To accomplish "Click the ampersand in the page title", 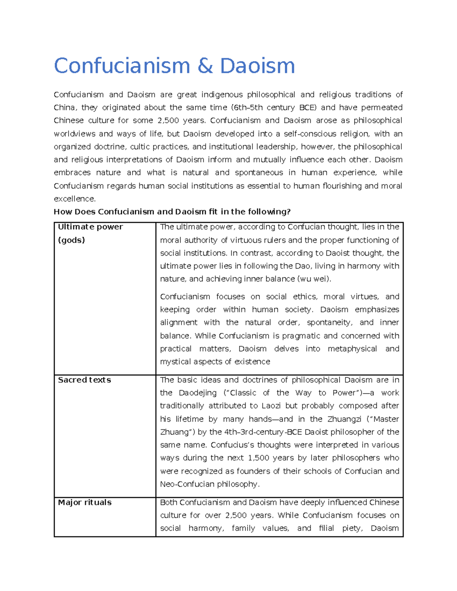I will tap(205, 66).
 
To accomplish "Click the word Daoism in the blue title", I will tap(257, 66).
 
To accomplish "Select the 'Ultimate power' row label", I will tap(90, 227).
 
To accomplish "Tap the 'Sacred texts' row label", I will tap(84, 380).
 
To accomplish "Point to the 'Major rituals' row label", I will tap(85, 502).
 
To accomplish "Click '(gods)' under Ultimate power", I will tap(71, 240).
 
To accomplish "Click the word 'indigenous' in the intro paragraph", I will tap(222, 94).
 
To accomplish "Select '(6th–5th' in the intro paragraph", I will tap(247, 107).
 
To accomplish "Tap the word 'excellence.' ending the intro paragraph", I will tap(75, 199).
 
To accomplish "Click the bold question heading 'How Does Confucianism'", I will tap(105, 212).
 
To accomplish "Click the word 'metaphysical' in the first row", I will tap(352, 349).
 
